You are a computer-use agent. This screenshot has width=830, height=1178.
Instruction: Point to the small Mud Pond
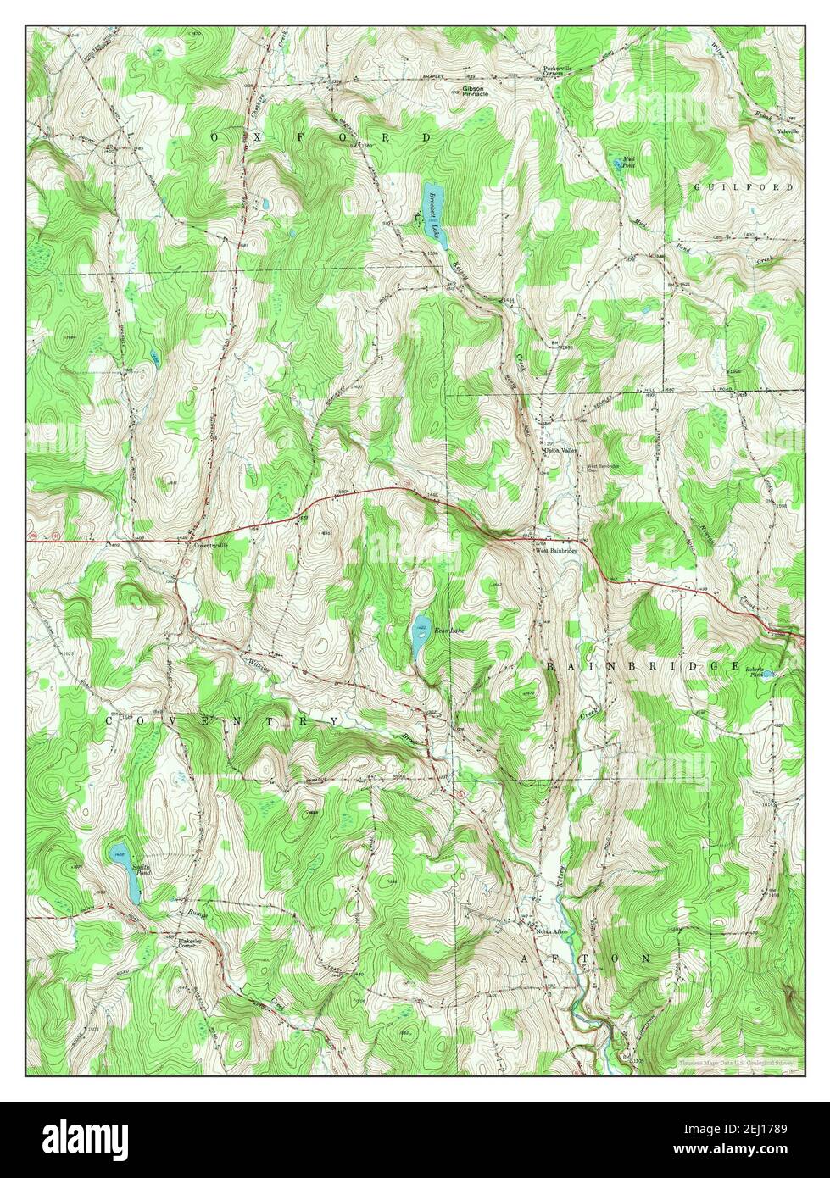[616, 161]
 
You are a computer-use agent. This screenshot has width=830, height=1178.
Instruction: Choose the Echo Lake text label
[449, 631]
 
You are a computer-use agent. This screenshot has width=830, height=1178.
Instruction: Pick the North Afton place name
[551, 931]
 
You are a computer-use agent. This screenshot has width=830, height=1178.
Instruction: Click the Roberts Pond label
[758, 671]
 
